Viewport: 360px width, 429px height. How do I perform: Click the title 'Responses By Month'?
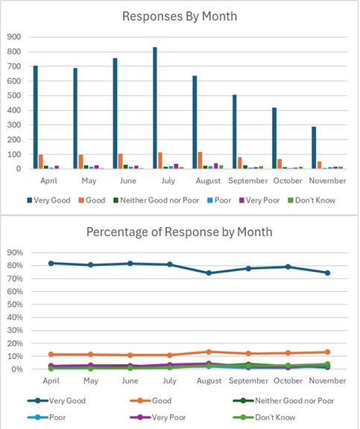tap(179, 16)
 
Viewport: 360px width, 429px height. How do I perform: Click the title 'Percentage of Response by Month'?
tap(179, 232)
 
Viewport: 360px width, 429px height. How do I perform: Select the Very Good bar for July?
tap(154, 108)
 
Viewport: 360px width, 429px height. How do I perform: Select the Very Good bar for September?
tap(234, 132)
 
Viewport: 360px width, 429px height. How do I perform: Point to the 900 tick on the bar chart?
tap(15, 36)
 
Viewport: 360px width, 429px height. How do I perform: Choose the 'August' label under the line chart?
tap(209, 380)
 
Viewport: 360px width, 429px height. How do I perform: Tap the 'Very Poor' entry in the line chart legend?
tap(175, 419)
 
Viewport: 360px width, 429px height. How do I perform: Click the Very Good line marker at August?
tap(209, 273)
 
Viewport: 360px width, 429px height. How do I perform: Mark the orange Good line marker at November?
tap(327, 352)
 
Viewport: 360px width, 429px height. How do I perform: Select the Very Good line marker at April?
tap(51, 263)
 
